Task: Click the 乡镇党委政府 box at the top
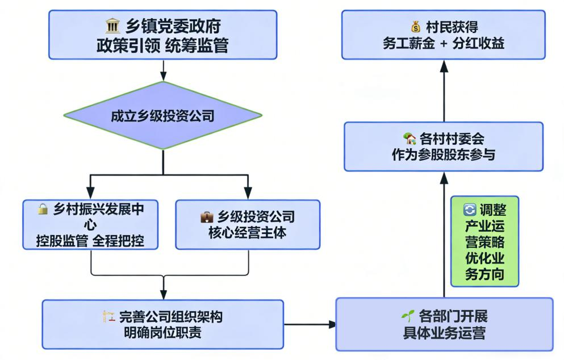163,35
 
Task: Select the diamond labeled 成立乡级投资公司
163,116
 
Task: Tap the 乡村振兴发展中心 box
91,224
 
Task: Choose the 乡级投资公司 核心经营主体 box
248,224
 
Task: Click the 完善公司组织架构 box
162,324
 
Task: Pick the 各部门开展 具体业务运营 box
444,324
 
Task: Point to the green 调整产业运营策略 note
484,242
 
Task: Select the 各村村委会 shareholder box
444,146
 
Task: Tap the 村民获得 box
444,34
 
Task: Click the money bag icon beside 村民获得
415,27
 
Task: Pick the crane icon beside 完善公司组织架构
108,316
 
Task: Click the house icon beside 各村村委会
409,138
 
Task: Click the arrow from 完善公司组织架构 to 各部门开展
310,324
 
